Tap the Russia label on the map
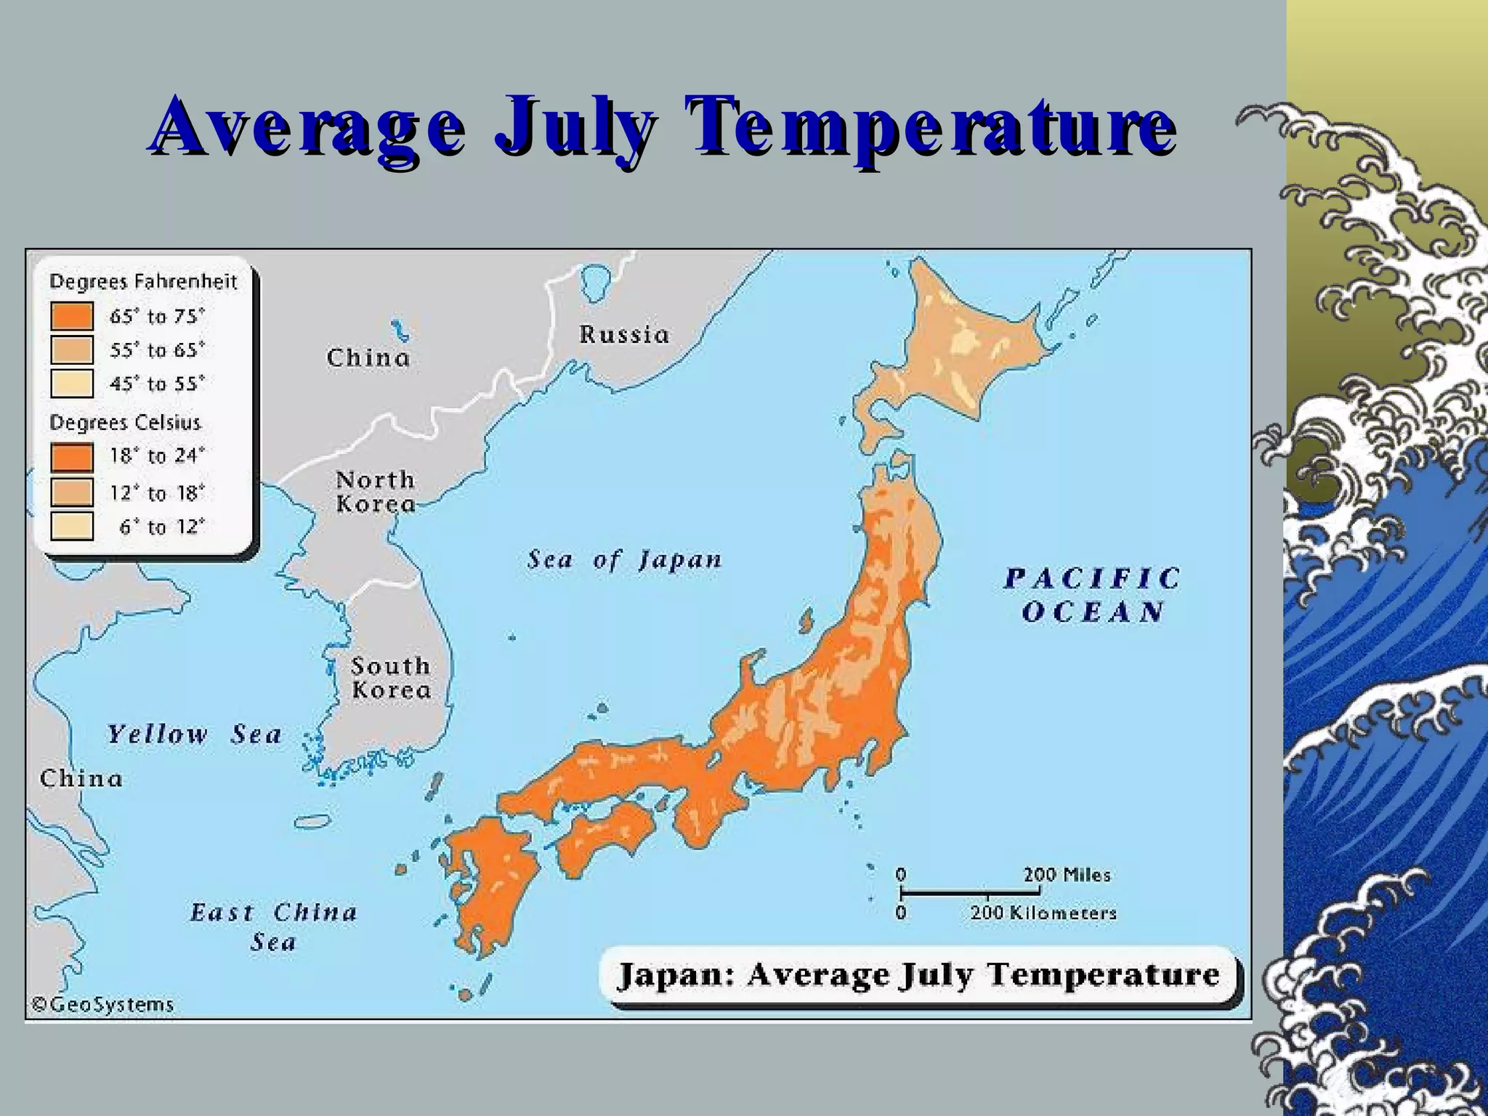pyautogui.click(x=624, y=335)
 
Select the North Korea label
pyautogui.click(x=376, y=492)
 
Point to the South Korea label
pyautogui.click(x=391, y=677)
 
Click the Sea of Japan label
pyautogui.click(x=625, y=560)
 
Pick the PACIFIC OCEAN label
pyautogui.click(x=1092, y=595)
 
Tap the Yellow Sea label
pyautogui.click(x=194, y=735)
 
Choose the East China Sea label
pyautogui.click(x=274, y=927)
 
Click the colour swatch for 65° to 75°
pyautogui.click(x=72, y=317)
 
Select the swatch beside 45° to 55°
pyautogui.click(x=72, y=384)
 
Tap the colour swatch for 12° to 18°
pyautogui.click(x=72, y=493)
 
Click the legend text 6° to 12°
pyautogui.click(x=162, y=527)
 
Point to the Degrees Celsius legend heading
pyautogui.click(x=125, y=423)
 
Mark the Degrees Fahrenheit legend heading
pyautogui.click(x=143, y=281)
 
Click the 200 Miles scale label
pyautogui.click(x=1067, y=875)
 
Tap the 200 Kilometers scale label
pyautogui.click(x=1043, y=913)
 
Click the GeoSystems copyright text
pyautogui.click(x=102, y=1005)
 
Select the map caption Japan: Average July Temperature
pyautogui.click(x=918, y=975)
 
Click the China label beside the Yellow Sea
pyautogui.click(x=81, y=779)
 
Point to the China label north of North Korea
pyautogui.click(x=368, y=357)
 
